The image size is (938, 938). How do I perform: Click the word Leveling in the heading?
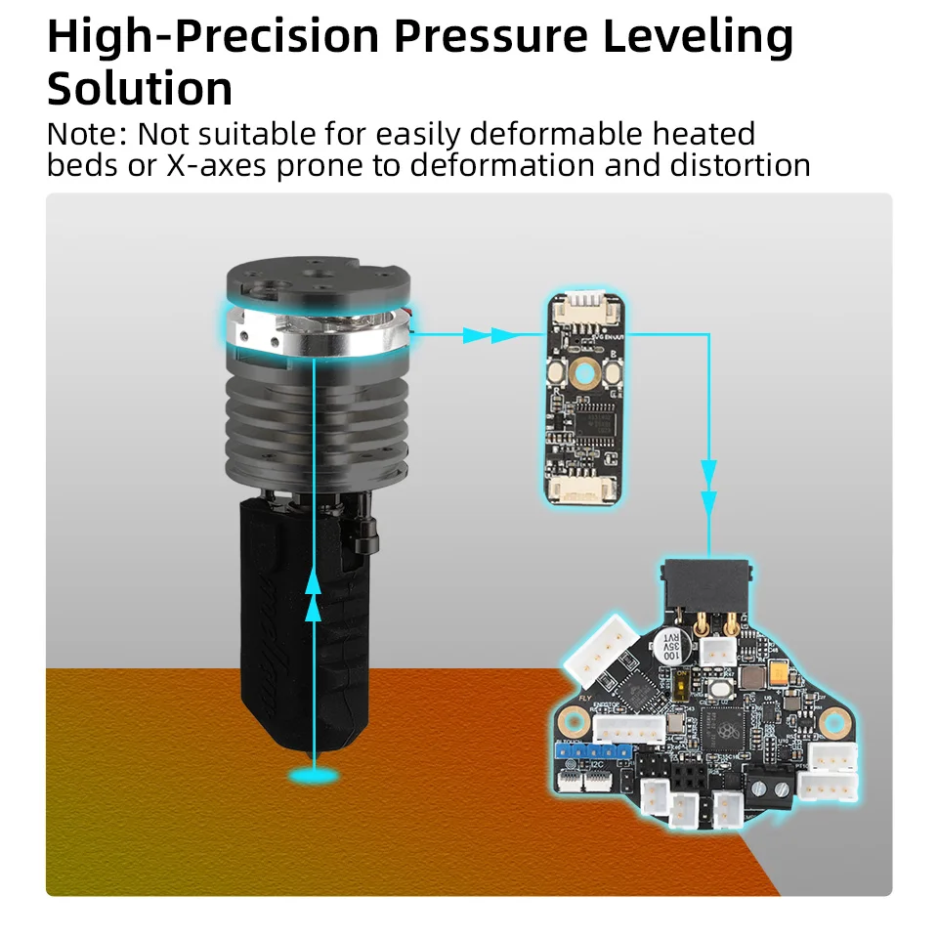(697, 37)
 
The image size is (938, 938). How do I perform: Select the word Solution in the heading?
(140, 89)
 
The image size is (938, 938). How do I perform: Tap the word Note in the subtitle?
(85, 134)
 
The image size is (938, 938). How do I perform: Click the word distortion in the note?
(740, 165)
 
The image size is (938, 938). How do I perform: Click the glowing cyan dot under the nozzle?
(314, 775)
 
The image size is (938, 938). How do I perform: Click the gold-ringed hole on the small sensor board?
(584, 372)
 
